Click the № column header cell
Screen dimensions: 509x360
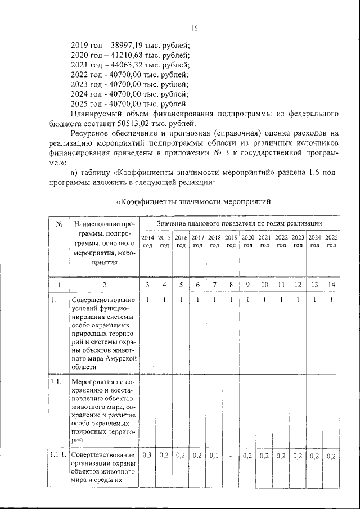click(x=58, y=224)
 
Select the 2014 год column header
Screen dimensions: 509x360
click(x=147, y=241)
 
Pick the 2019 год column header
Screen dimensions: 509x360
click(x=231, y=241)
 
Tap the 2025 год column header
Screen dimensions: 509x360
click(x=331, y=241)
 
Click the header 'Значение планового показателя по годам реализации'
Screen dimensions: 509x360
click(x=238, y=224)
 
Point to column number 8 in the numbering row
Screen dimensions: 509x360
click(x=231, y=285)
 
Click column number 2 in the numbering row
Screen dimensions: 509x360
click(x=103, y=285)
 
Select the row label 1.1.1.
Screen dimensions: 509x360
click(x=58, y=454)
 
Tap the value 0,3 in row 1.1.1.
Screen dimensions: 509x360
click(x=147, y=455)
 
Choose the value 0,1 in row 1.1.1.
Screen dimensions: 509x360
click(x=214, y=455)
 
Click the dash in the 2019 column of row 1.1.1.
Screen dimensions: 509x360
click(x=231, y=456)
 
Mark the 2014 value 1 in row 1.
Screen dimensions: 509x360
click(x=147, y=300)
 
